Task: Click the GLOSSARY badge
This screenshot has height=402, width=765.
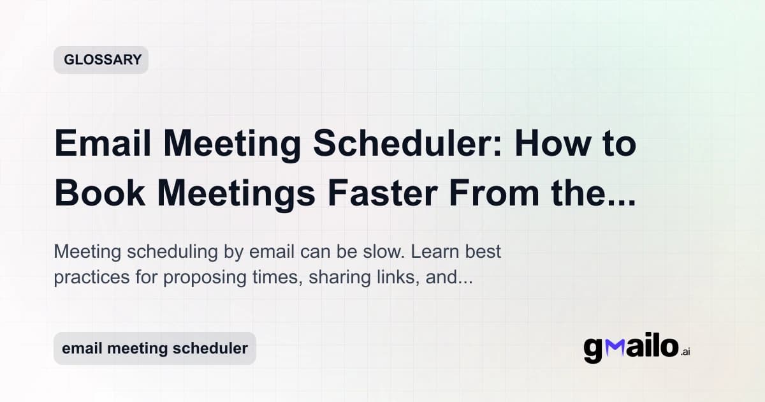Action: point(101,60)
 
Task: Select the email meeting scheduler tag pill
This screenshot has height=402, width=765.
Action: point(154,348)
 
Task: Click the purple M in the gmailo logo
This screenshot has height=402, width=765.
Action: point(613,348)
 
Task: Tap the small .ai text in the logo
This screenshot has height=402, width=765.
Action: point(685,352)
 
